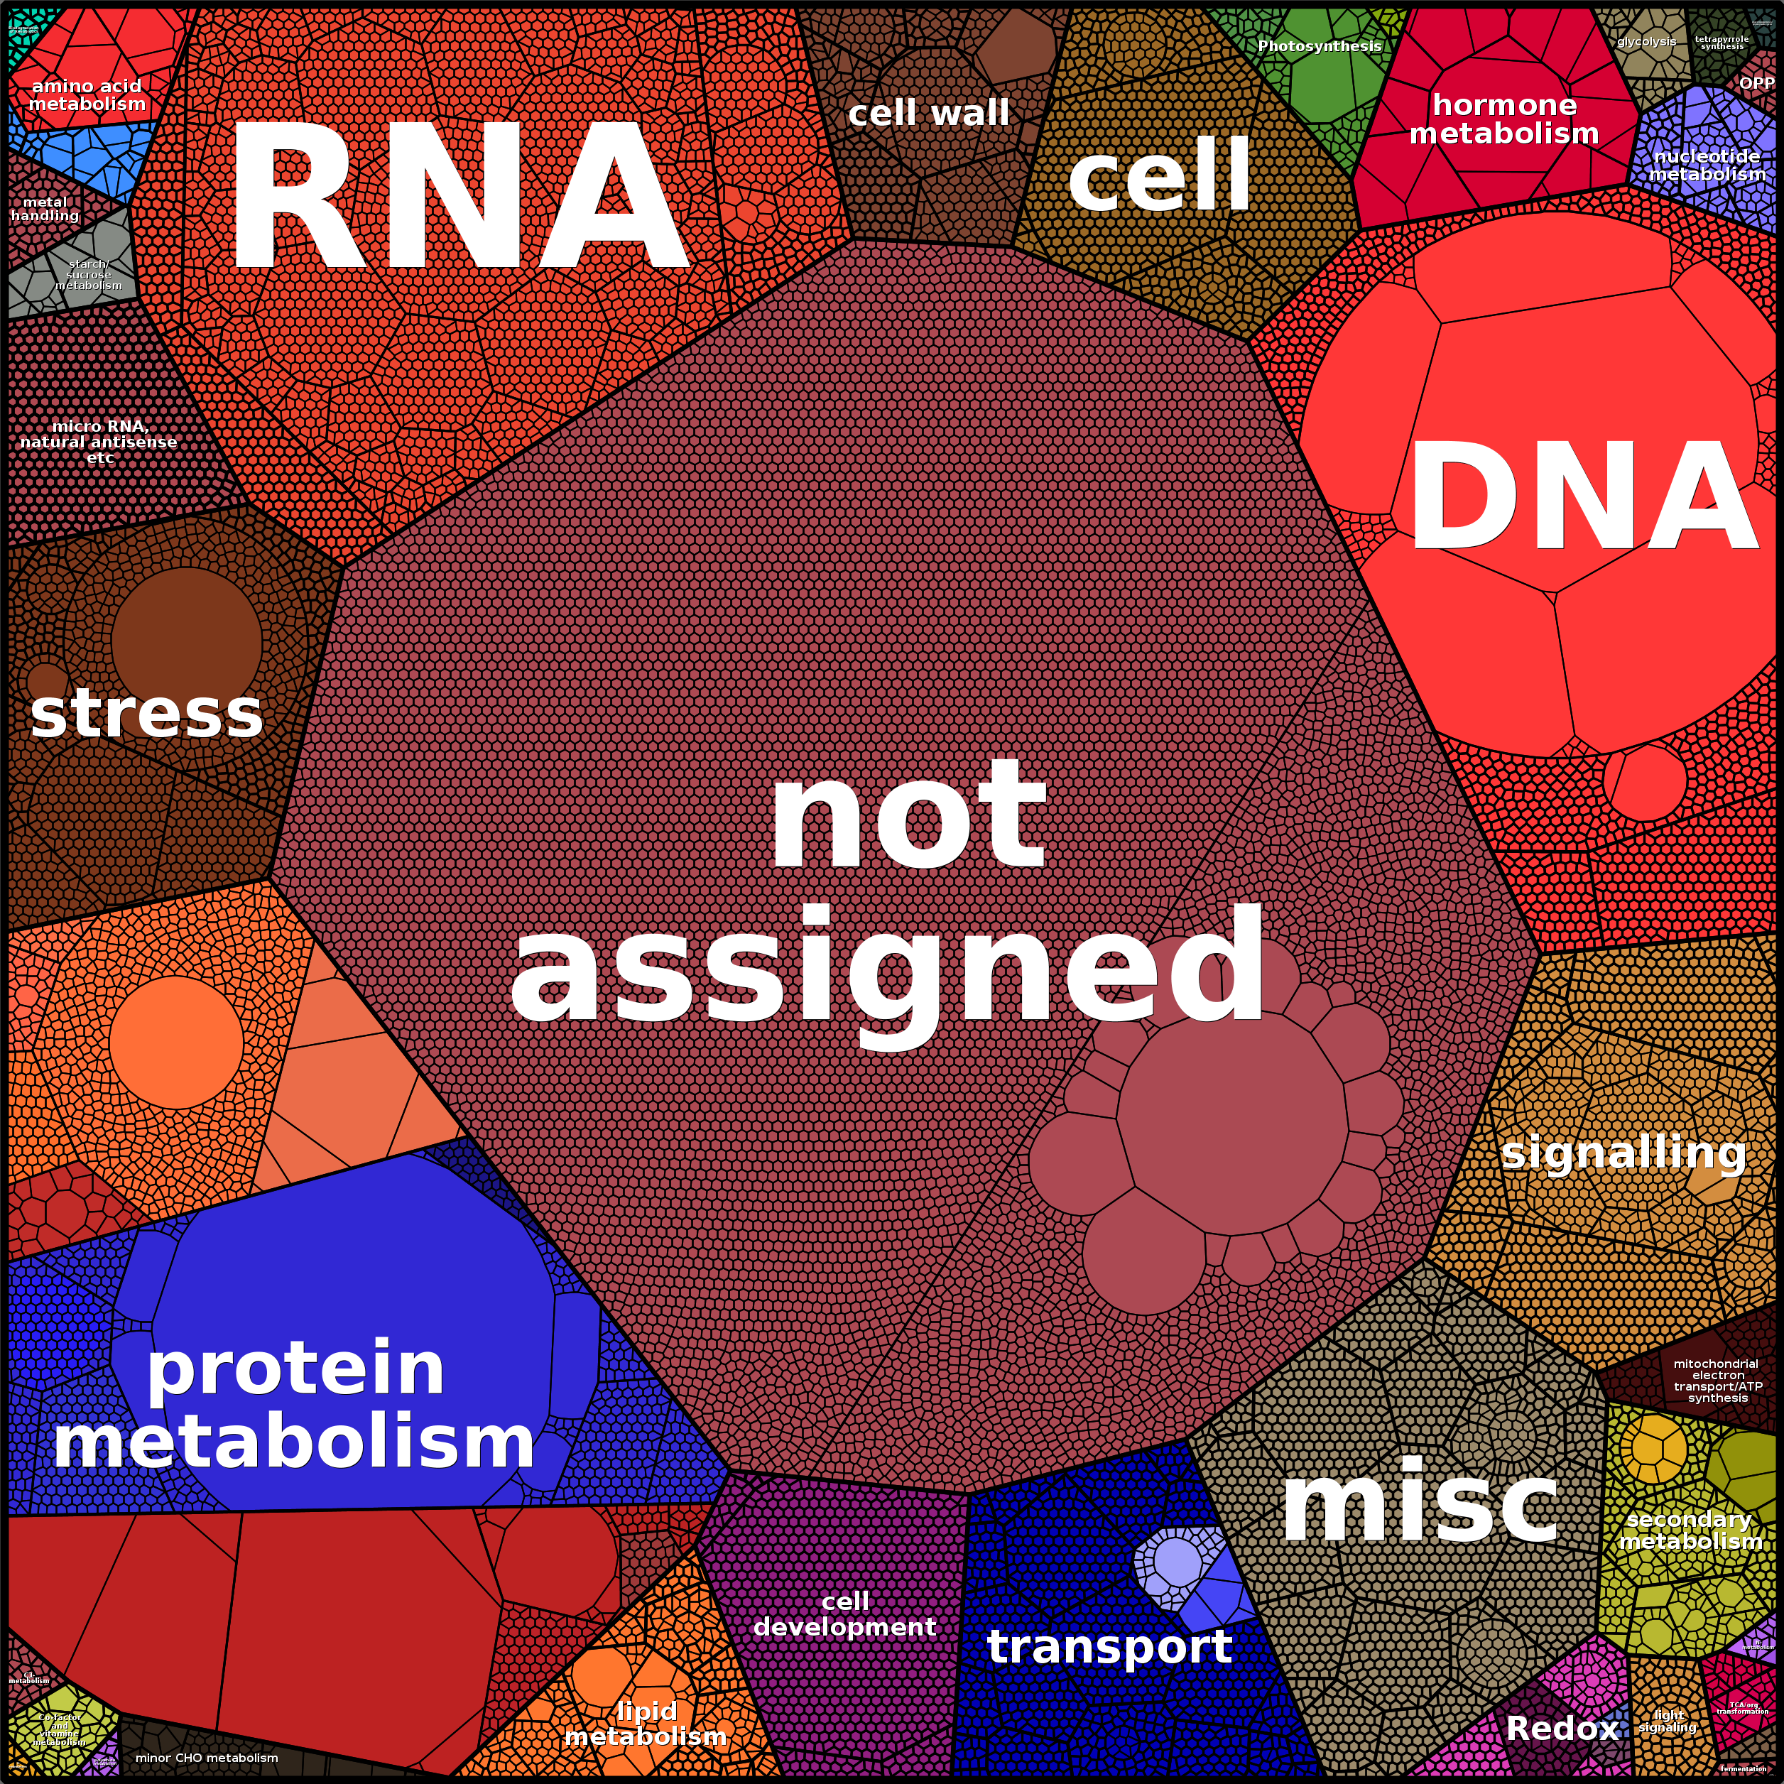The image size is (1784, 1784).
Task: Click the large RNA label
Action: click(x=459, y=196)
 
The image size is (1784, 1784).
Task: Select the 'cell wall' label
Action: click(x=928, y=114)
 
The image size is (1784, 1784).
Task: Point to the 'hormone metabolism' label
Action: click(x=1503, y=119)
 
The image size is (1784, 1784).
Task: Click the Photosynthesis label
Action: click(x=1319, y=46)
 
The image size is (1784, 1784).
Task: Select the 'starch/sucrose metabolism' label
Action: click(x=89, y=275)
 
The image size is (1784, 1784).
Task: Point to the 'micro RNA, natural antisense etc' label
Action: click(x=99, y=441)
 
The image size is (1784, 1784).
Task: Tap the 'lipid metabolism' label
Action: click(x=646, y=1724)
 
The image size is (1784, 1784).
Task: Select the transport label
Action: click(x=1109, y=1646)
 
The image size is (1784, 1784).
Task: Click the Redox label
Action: click(x=1562, y=1728)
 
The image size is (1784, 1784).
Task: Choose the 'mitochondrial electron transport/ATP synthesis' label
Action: click(x=1717, y=1381)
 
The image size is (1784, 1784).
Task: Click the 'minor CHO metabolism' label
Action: click(x=207, y=1757)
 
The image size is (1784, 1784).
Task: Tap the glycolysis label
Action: click(x=1646, y=42)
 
